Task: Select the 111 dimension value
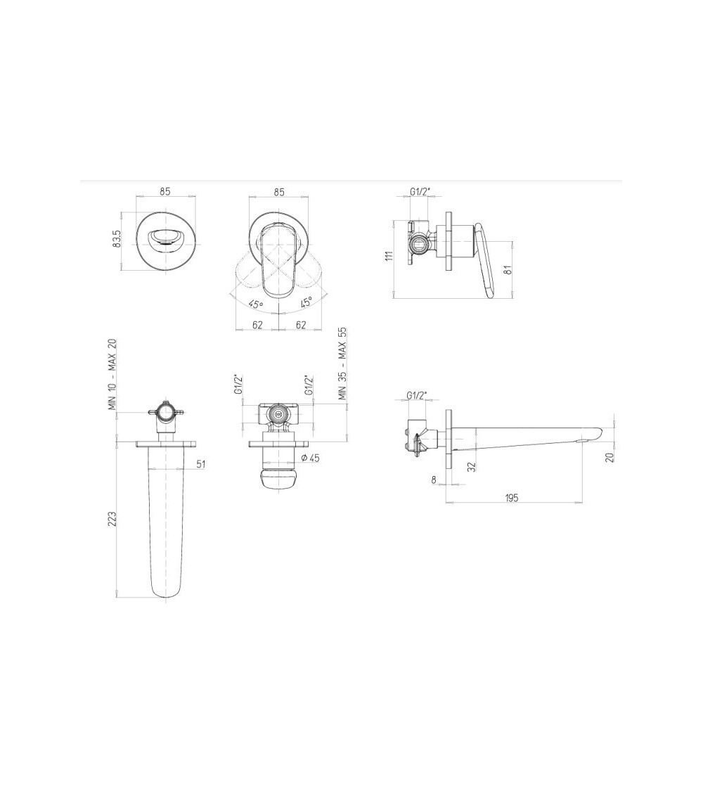389,256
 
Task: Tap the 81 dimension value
508,270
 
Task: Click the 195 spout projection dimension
511,498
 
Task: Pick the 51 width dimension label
201,464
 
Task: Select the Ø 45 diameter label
310,458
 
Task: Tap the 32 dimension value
472,467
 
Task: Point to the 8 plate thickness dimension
434,480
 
